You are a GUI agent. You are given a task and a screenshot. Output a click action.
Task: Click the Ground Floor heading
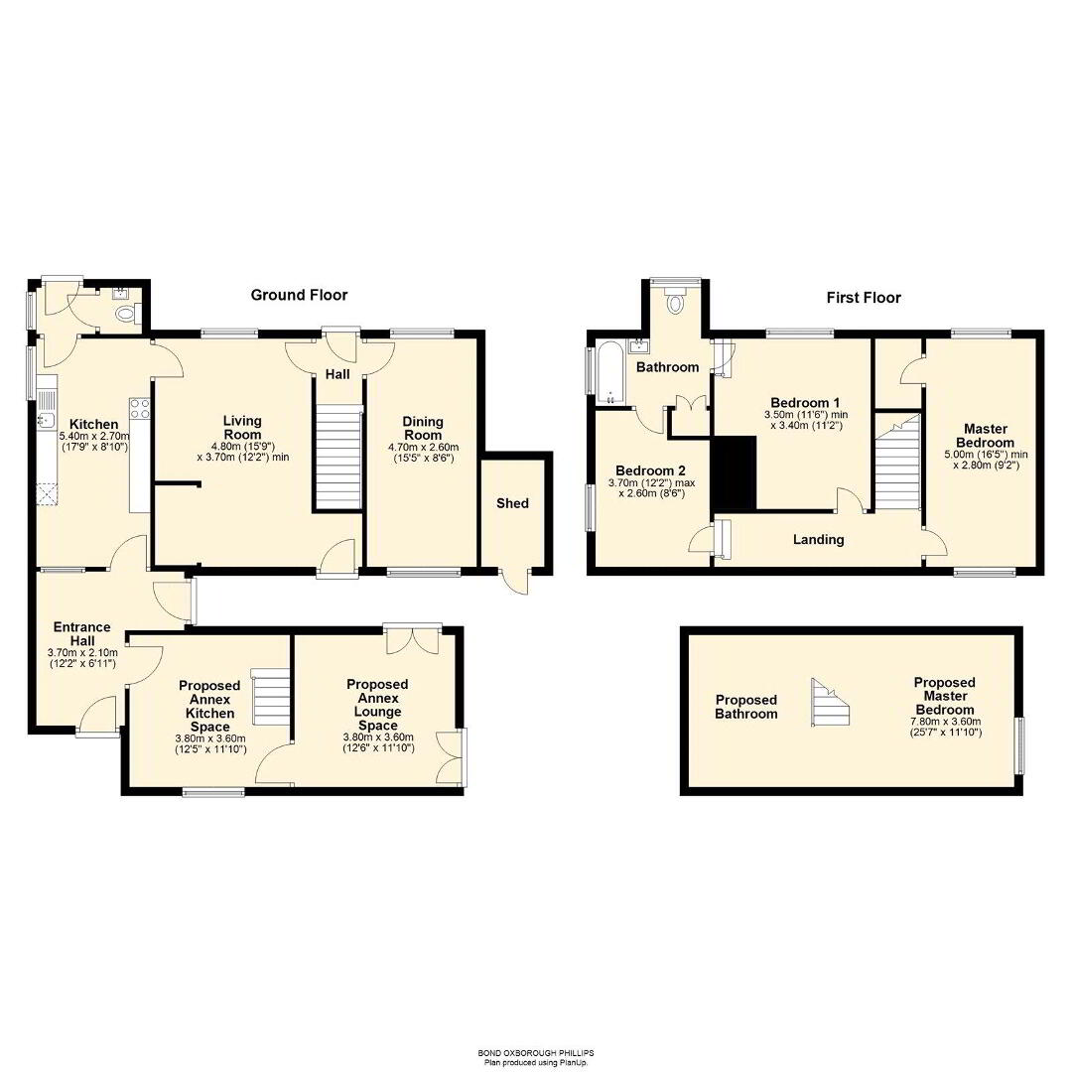(x=299, y=295)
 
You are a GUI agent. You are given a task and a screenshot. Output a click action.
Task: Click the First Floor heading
(x=864, y=298)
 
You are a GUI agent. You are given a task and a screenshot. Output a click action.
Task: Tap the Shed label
(x=513, y=503)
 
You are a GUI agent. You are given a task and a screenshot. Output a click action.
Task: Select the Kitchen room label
(x=93, y=425)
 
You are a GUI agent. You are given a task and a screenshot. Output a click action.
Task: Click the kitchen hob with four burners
(x=140, y=408)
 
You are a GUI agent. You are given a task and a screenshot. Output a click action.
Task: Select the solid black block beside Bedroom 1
(x=735, y=474)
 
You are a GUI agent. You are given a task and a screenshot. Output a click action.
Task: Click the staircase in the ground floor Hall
(x=337, y=456)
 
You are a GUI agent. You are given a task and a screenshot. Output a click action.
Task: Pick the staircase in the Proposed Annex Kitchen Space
(x=271, y=697)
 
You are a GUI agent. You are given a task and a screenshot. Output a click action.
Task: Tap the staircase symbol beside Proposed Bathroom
(x=831, y=702)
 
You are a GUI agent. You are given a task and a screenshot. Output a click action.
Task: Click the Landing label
(x=818, y=539)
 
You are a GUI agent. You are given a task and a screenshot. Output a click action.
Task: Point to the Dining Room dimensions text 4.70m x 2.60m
(x=423, y=447)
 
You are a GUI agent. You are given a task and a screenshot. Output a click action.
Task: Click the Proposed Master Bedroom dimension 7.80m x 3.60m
(x=946, y=722)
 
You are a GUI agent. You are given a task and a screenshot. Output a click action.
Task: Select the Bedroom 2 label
(x=650, y=470)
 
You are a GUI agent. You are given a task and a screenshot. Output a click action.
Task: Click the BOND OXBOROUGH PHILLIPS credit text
(x=536, y=1053)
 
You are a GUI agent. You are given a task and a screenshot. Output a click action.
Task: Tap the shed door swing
(x=514, y=582)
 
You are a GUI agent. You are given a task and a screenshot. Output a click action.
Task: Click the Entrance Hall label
(x=82, y=633)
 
